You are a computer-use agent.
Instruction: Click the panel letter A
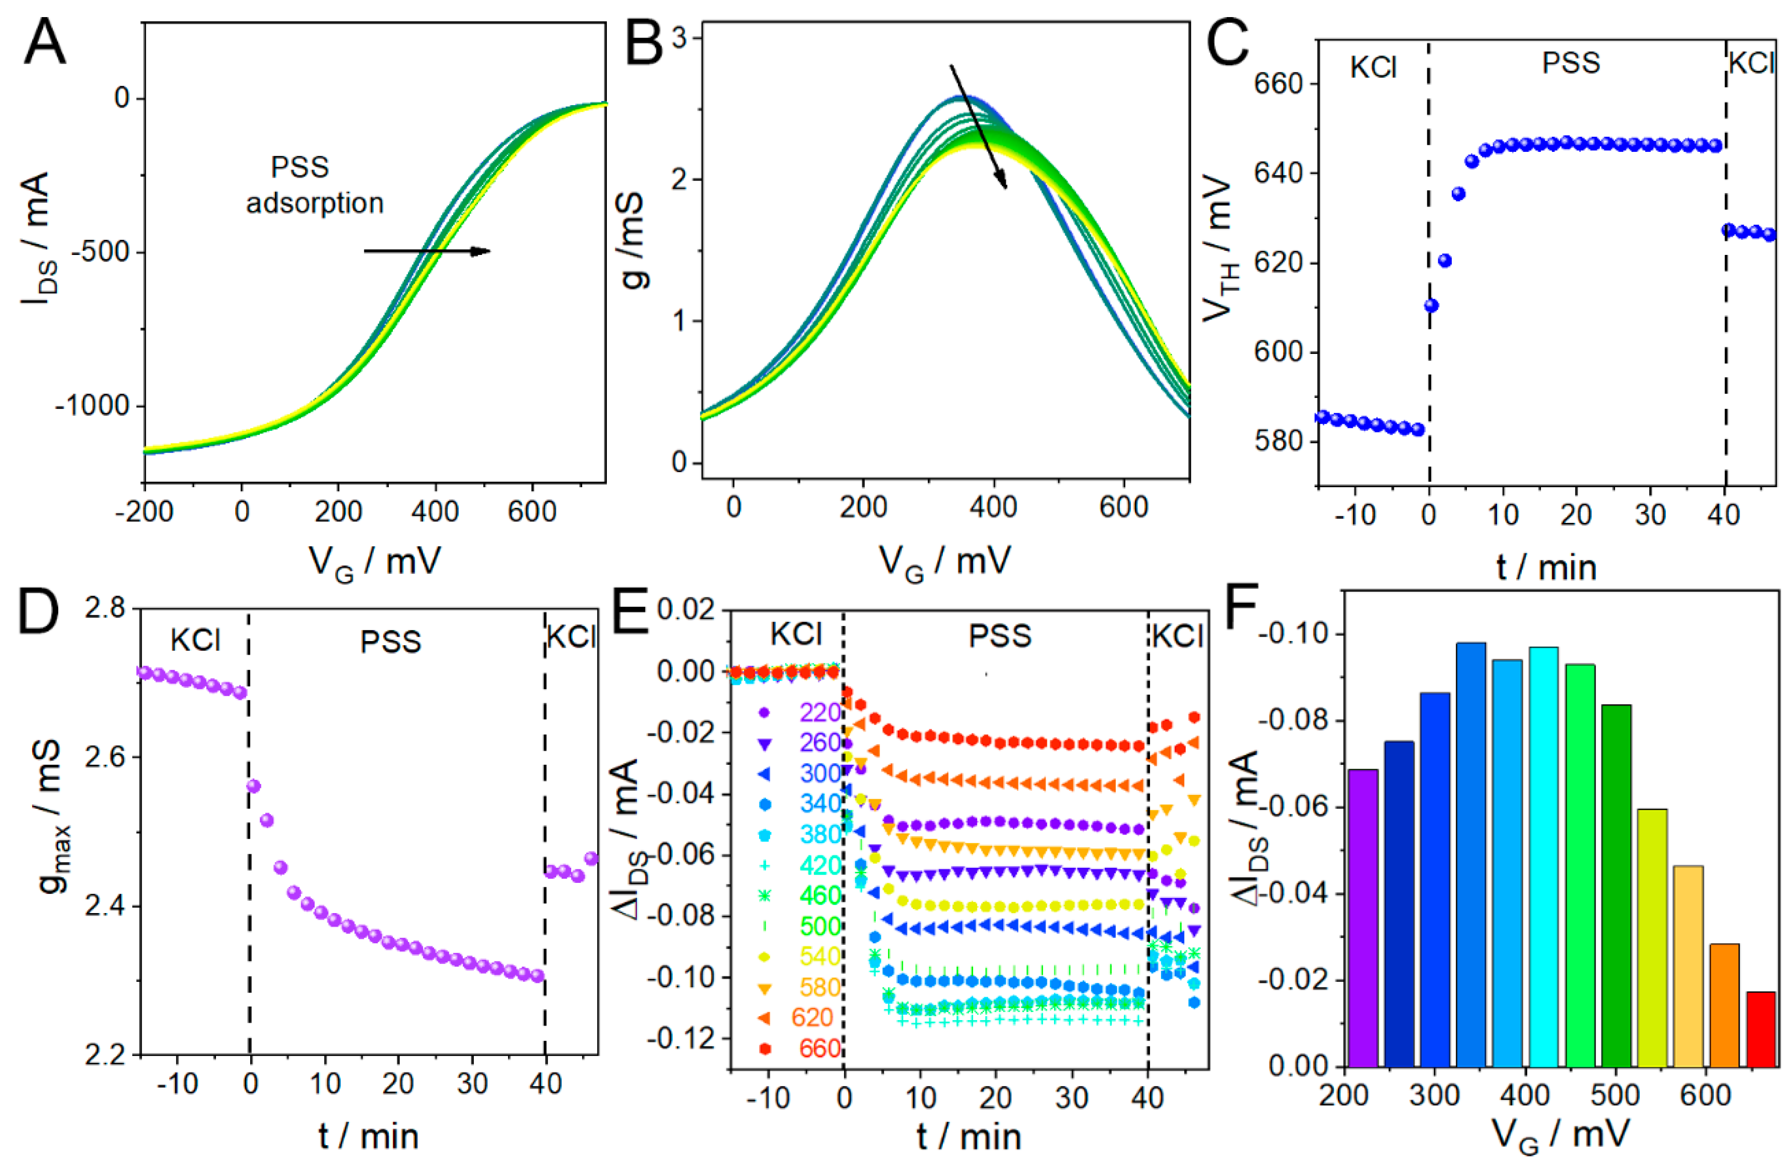click(45, 44)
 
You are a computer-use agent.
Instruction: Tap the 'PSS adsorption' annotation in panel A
click(314, 185)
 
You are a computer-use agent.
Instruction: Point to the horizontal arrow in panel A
click(427, 251)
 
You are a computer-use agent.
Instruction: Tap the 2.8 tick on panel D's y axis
click(106, 608)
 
